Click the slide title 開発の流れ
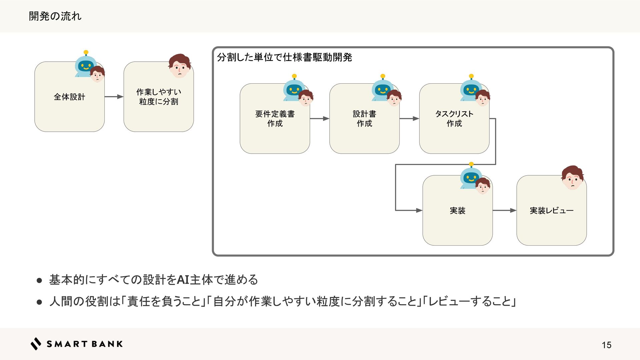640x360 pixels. tap(55, 16)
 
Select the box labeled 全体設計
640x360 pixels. tap(69, 97)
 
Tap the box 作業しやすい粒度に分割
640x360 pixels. tap(159, 97)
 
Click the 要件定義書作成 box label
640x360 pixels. tap(275, 119)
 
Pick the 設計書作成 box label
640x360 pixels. tap(364, 119)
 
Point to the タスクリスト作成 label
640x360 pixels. tap(454, 119)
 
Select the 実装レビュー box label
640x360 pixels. tap(551, 211)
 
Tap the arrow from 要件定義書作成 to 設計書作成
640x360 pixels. tap(319, 118)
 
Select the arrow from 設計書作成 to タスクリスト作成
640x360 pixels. tap(409, 118)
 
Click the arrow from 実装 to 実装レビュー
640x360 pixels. tap(504, 210)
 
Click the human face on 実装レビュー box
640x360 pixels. tap(572, 178)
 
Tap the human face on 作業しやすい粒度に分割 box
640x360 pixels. tap(179, 66)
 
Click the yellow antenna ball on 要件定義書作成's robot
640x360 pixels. tap(294, 76)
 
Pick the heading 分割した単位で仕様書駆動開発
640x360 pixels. tap(284, 57)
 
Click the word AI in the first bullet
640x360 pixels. tap(183, 280)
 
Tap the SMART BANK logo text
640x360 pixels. tap(84, 344)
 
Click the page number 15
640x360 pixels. tap(606, 345)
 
